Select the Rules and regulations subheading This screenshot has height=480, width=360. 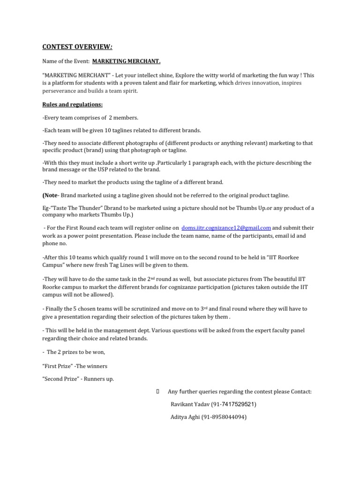click(x=72, y=104)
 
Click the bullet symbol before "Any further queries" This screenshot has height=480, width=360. click(x=157, y=391)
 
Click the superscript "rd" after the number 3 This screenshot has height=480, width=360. click(x=205, y=307)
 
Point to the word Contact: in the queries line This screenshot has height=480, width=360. click(x=301, y=391)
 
